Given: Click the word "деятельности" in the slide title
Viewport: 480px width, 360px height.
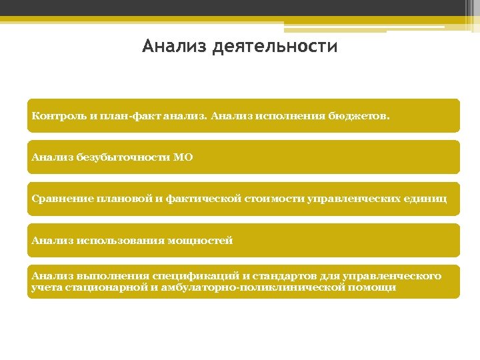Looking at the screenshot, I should tap(275, 47).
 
